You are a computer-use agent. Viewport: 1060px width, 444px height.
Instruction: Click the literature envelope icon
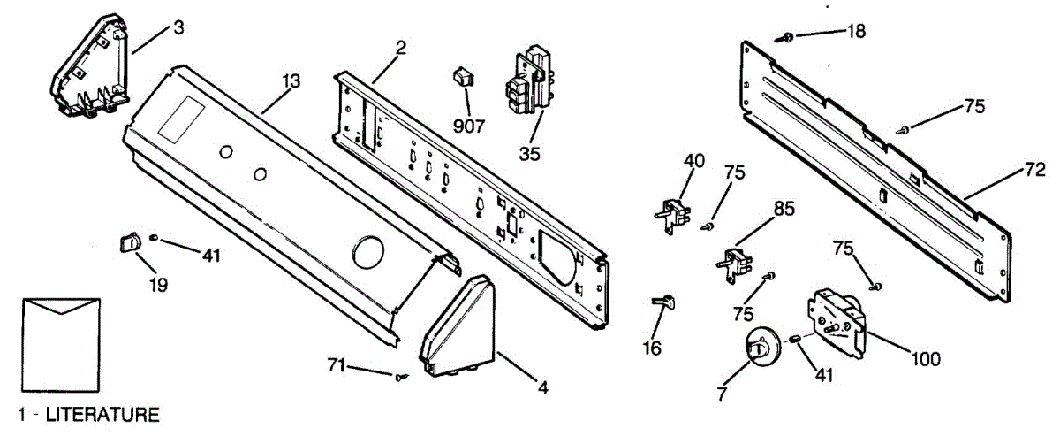tap(59, 346)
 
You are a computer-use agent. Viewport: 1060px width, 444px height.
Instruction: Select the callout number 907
tap(468, 126)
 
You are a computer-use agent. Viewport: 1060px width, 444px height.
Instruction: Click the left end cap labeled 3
tap(88, 70)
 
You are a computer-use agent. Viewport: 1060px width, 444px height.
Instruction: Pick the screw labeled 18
tap(784, 37)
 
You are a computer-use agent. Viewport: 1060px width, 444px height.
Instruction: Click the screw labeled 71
tap(401, 377)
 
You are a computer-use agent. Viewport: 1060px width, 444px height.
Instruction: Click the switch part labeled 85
tap(736, 263)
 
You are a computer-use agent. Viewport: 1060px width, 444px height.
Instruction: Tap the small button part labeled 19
tap(131, 241)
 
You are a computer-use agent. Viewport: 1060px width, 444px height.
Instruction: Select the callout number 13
tap(291, 80)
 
